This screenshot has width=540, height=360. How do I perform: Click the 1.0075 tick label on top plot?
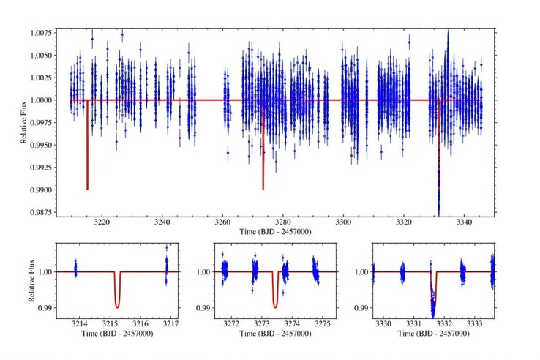point(41,33)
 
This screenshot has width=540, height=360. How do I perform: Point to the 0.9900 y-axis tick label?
point(41,190)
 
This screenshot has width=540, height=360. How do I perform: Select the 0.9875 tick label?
point(41,212)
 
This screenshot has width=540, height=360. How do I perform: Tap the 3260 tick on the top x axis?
point(222,222)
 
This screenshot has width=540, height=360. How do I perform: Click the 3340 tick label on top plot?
point(464,222)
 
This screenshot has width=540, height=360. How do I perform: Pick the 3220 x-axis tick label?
point(102,222)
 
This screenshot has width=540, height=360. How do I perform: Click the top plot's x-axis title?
point(275,232)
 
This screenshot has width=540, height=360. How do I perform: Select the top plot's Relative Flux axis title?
point(23,123)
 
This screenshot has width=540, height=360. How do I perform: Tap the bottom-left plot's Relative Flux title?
point(31,281)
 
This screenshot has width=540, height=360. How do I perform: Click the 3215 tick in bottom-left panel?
point(110,324)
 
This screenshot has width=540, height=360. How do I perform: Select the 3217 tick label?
point(170,324)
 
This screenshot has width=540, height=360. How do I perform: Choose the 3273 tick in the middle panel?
point(262,324)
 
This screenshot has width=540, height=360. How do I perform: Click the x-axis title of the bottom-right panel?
point(433,334)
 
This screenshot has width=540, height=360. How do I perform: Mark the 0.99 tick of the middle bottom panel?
point(203,307)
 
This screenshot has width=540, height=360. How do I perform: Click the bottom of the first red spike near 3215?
point(88,190)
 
